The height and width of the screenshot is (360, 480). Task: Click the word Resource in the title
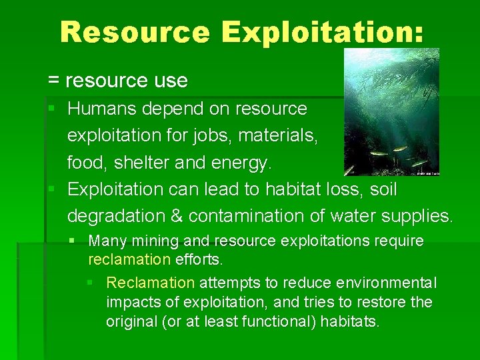coord(134,31)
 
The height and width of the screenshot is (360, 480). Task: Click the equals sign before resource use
coord(53,81)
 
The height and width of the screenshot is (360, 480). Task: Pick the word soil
coord(382,189)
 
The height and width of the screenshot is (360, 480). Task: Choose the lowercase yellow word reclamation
coord(129,258)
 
